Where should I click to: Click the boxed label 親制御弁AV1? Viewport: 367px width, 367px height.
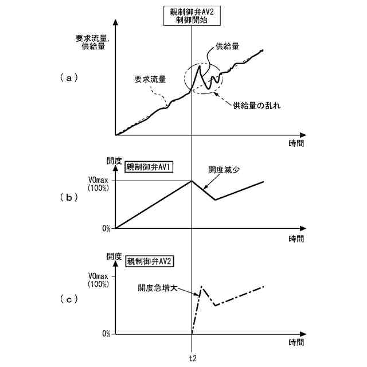(x=150, y=167)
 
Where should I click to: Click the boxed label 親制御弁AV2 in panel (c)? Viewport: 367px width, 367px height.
(x=150, y=261)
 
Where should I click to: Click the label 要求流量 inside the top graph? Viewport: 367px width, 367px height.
(x=150, y=79)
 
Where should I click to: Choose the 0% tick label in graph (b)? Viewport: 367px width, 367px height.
(x=106, y=228)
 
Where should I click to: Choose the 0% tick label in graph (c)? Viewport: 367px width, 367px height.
(x=106, y=333)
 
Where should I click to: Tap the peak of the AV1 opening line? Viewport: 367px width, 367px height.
(x=192, y=181)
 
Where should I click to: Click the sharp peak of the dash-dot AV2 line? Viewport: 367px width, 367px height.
(x=202, y=286)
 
